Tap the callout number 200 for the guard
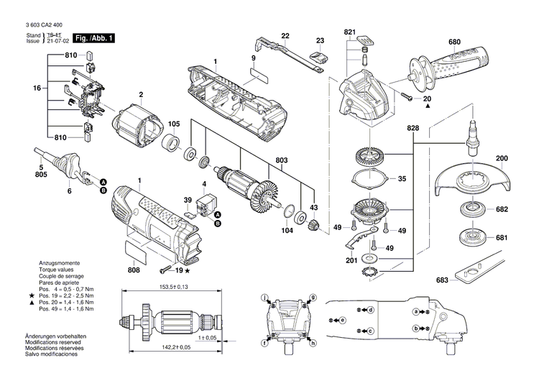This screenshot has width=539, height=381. point(502,158)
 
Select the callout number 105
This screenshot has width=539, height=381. point(175,123)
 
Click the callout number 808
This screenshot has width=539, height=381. point(134,270)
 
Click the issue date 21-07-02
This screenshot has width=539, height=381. point(60,42)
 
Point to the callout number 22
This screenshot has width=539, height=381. point(285,35)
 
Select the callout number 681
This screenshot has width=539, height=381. point(502,237)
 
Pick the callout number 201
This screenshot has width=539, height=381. point(350,260)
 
